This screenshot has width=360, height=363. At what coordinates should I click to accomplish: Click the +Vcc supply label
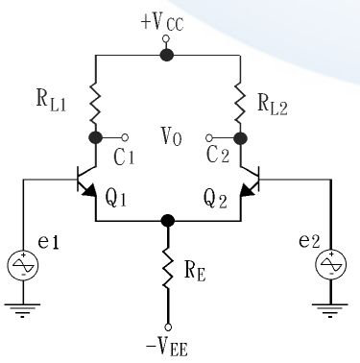coord(167,20)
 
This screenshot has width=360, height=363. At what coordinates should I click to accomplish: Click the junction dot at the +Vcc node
coord(167,55)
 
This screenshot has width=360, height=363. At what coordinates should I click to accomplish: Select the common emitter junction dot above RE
coord(168,220)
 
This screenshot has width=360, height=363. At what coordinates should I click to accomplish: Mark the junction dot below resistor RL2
coord(237,137)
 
